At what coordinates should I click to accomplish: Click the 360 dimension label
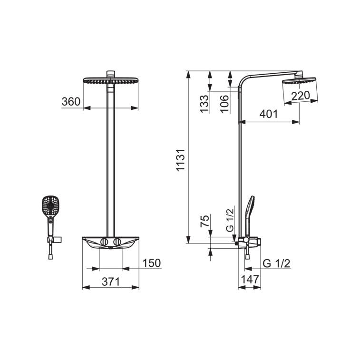[x=71, y=102]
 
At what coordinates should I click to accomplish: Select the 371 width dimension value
[x=111, y=282]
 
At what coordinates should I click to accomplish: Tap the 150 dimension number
[x=152, y=263]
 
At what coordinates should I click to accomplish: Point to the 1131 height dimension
[x=181, y=160]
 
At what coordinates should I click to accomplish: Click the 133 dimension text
[x=204, y=104]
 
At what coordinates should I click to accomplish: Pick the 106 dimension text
[x=224, y=104]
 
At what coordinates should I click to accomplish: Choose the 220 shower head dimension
[x=301, y=96]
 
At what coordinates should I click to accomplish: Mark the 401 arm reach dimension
[x=269, y=114]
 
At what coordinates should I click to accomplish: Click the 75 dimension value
[x=205, y=221]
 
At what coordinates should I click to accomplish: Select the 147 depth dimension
[x=250, y=280]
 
